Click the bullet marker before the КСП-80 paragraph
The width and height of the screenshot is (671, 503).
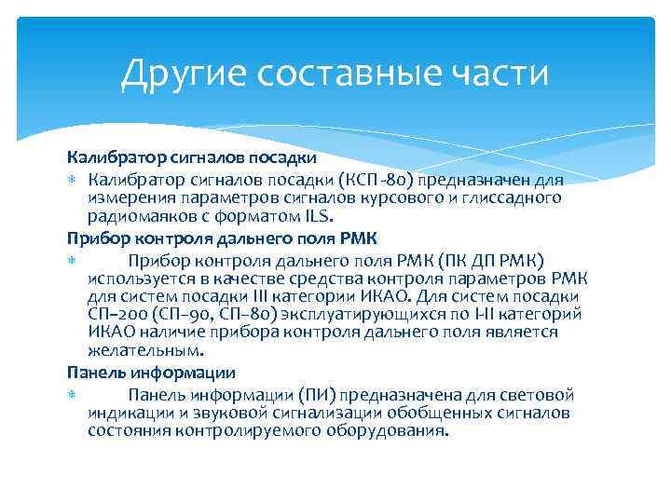click(x=72, y=178)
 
